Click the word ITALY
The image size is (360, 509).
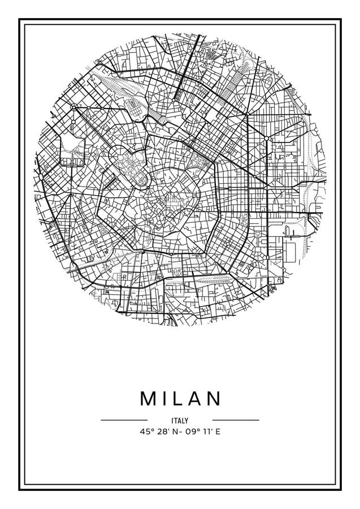coord(180,420)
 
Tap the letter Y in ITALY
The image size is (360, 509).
coord(186,420)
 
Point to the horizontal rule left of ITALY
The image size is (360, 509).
coord(124,420)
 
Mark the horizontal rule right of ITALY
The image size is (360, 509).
coord(235,420)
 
